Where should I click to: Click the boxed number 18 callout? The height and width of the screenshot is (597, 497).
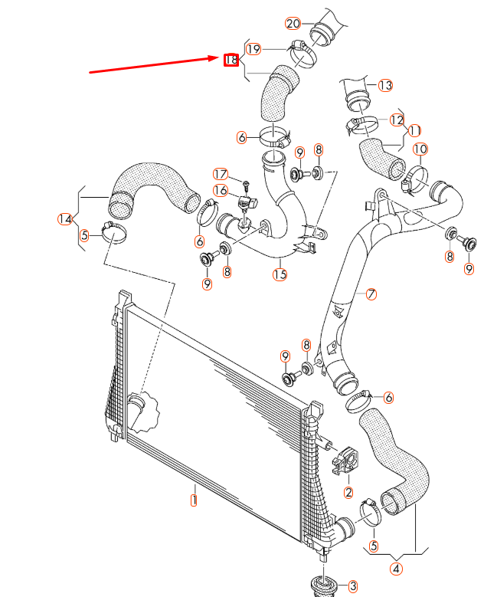point(231,59)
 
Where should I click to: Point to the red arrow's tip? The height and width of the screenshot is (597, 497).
point(219,57)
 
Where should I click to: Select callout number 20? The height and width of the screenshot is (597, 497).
point(293,23)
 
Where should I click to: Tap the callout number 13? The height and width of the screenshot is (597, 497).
point(384,84)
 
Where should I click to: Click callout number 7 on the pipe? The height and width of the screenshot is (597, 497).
point(371,294)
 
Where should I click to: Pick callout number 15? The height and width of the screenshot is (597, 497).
point(280,274)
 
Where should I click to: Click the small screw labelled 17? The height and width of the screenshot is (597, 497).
point(246,185)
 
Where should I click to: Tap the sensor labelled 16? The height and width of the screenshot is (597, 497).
point(247,205)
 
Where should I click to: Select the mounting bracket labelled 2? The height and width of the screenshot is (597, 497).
point(345,459)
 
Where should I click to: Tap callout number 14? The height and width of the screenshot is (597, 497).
point(65,219)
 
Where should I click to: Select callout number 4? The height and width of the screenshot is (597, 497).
point(396,568)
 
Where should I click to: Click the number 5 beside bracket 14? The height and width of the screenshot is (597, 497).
point(85,235)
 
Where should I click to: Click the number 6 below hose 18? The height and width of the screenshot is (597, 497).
point(242,137)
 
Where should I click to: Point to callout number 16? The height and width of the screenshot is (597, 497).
point(220,191)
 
